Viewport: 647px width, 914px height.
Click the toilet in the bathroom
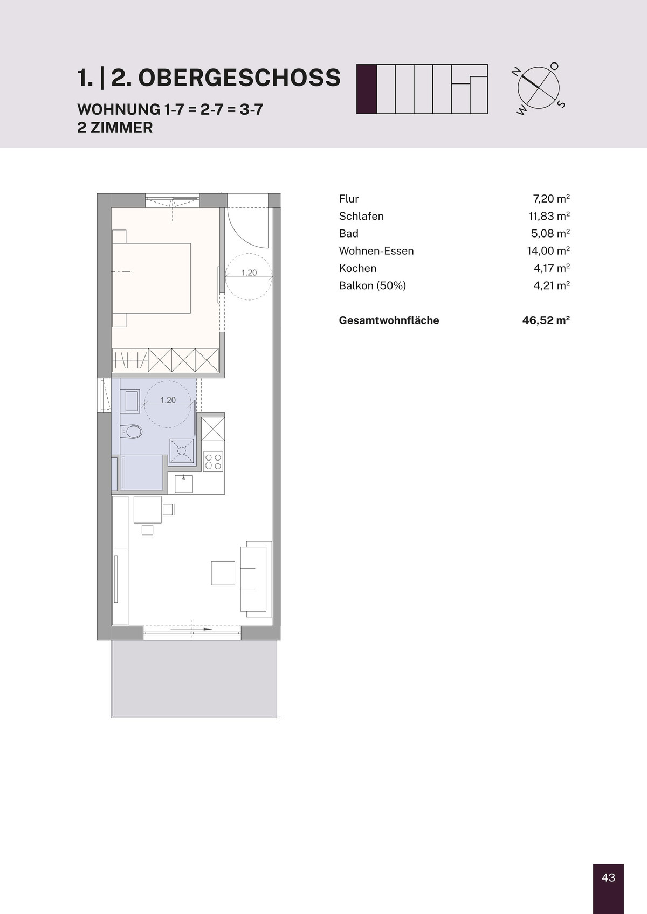(132, 431)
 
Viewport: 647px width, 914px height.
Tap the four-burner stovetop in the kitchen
(213, 462)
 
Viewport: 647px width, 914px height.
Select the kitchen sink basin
(184, 484)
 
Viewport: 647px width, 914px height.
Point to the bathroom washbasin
(132, 401)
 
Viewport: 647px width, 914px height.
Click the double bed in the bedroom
(151, 278)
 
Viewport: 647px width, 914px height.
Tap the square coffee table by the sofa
(223, 573)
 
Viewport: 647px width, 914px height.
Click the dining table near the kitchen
(147, 509)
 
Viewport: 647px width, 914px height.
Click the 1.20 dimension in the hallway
(249, 273)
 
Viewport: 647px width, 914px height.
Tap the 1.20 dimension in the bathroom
(168, 400)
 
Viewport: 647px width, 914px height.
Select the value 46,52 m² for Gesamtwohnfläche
(546, 320)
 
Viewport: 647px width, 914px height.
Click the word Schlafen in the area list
(361, 217)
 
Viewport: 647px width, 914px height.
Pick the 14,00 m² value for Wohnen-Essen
(548, 250)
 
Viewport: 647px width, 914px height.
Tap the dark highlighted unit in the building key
(367, 89)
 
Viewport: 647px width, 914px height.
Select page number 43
(608, 877)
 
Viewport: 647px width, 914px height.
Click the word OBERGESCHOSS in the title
(239, 78)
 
